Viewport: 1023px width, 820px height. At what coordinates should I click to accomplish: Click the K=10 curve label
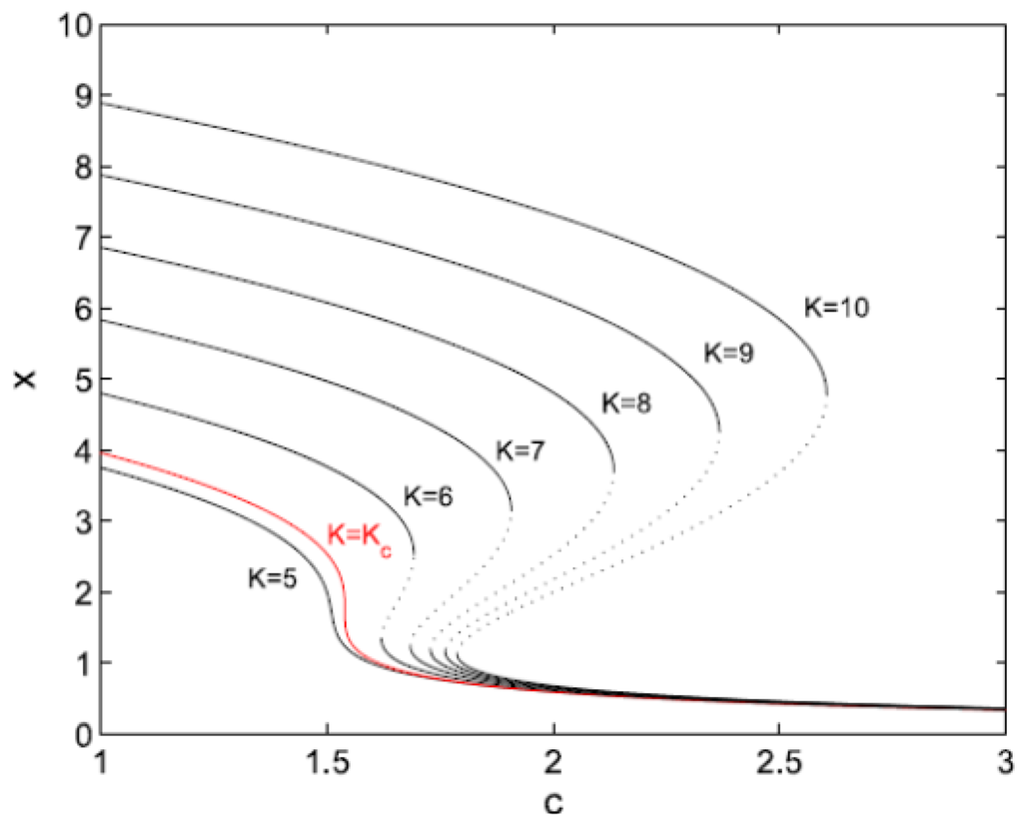[x=837, y=308]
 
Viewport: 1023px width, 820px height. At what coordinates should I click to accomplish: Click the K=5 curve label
[x=273, y=577]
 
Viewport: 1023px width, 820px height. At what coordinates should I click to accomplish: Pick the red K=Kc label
[x=359, y=535]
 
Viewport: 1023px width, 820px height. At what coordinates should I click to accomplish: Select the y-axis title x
[x=21, y=380]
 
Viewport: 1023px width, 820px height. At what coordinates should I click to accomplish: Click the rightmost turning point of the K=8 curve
[x=614, y=469]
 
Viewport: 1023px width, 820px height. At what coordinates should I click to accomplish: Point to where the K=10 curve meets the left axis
[x=102, y=103]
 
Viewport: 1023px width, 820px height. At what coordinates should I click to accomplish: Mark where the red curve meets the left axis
[x=102, y=451]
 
